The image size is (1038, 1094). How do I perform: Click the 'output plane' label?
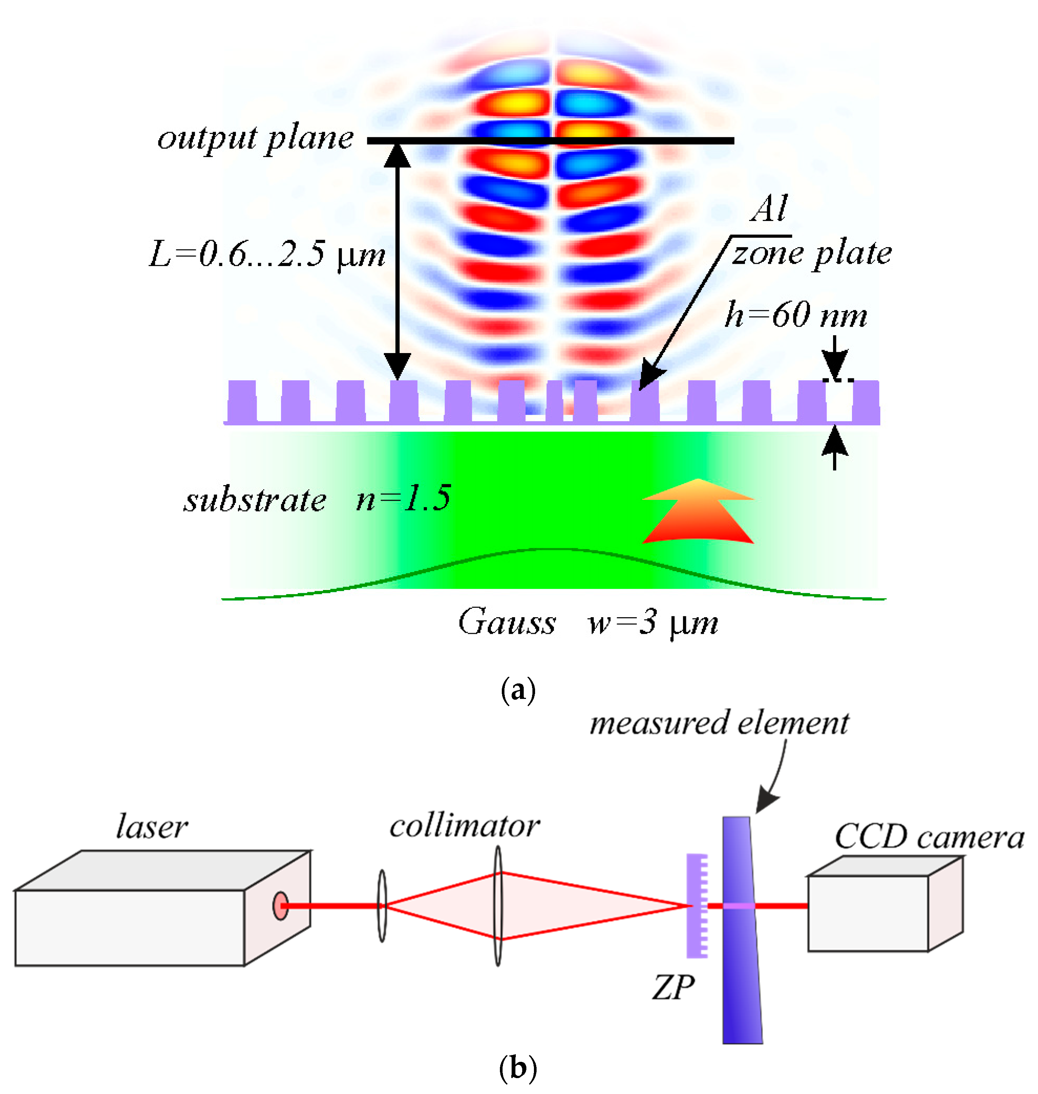coord(256,139)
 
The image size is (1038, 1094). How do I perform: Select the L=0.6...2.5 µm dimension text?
coord(267,255)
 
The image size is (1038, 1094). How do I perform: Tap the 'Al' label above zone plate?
coord(769,209)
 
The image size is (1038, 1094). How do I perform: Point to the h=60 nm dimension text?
coord(796,315)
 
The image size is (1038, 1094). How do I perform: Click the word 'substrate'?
coord(255,501)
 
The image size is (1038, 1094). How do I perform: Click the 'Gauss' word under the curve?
coord(507,622)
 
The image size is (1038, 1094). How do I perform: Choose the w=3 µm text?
coord(653,623)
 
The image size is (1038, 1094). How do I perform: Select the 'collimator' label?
coord(464,826)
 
